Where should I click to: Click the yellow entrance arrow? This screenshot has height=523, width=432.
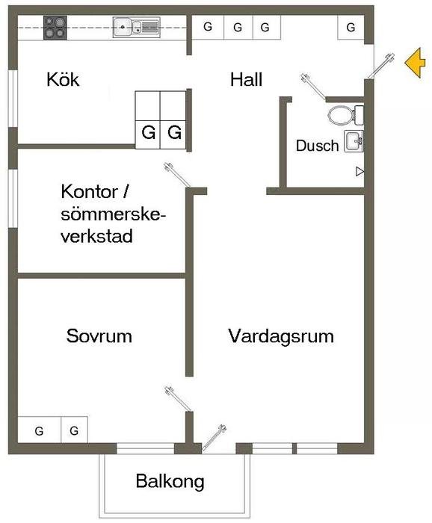pyautogui.click(x=416, y=63)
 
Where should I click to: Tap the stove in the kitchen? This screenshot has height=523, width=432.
pyautogui.click(x=55, y=28)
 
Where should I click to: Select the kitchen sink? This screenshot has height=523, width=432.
pyautogui.click(x=136, y=27)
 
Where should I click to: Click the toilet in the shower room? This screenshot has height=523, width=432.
pyautogui.click(x=345, y=115)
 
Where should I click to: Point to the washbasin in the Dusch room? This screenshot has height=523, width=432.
pyautogui.click(x=354, y=141)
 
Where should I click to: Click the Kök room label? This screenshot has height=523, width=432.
pyautogui.click(x=63, y=79)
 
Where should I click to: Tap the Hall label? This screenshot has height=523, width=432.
pyautogui.click(x=246, y=80)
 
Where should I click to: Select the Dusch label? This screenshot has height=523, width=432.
pyautogui.click(x=317, y=146)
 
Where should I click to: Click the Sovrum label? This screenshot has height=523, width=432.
pyautogui.click(x=99, y=336)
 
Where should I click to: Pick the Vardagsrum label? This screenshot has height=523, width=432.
pyautogui.click(x=281, y=336)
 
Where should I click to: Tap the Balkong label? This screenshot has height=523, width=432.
pyautogui.click(x=170, y=481)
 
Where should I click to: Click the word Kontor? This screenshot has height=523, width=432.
pyautogui.click(x=90, y=192)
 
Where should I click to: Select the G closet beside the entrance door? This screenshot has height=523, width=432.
pyautogui.click(x=351, y=27)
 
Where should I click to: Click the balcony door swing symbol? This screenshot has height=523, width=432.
pyautogui.click(x=214, y=438)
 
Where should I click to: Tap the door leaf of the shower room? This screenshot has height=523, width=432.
pyautogui.click(x=313, y=87)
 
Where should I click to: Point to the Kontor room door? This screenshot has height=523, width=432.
pyautogui.click(x=177, y=175)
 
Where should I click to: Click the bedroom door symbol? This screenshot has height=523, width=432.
pyautogui.click(x=178, y=399)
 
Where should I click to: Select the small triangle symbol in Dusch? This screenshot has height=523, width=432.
pyautogui.click(x=360, y=171)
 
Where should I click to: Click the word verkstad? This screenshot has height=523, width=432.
pyautogui.click(x=96, y=236)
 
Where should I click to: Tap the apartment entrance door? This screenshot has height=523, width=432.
pyautogui.click(x=381, y=66)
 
